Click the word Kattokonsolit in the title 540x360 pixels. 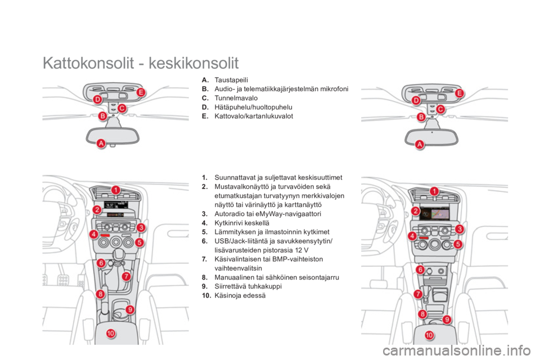[88, 63]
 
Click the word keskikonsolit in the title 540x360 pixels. [193, 63]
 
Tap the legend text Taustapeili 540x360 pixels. [231, 80]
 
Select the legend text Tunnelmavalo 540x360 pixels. [236, 98]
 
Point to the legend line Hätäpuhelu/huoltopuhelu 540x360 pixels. [253, 107]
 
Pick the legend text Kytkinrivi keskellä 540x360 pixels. [242, 223]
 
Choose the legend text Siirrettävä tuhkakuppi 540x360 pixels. [248, 286]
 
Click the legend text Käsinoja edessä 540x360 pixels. [240, 295]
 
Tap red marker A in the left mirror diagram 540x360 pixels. [101, 143]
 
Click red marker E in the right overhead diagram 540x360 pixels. [460, 93]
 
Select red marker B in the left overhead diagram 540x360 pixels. [102, 116]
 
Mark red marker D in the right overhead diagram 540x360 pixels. [416, 101]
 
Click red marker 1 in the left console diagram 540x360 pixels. [116, 190]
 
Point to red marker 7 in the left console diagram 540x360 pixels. [127, 276]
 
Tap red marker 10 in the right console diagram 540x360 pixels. [429, 335]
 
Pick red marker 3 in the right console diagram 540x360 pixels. [460, 229]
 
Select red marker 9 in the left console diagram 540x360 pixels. [130, 309]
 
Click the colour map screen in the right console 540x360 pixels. [435, 214]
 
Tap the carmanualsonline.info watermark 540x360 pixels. [457, 351]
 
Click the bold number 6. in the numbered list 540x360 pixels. [205, 241]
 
